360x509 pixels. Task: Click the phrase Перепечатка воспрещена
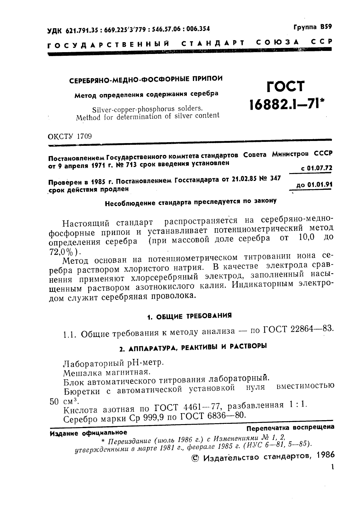coord(290,427)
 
